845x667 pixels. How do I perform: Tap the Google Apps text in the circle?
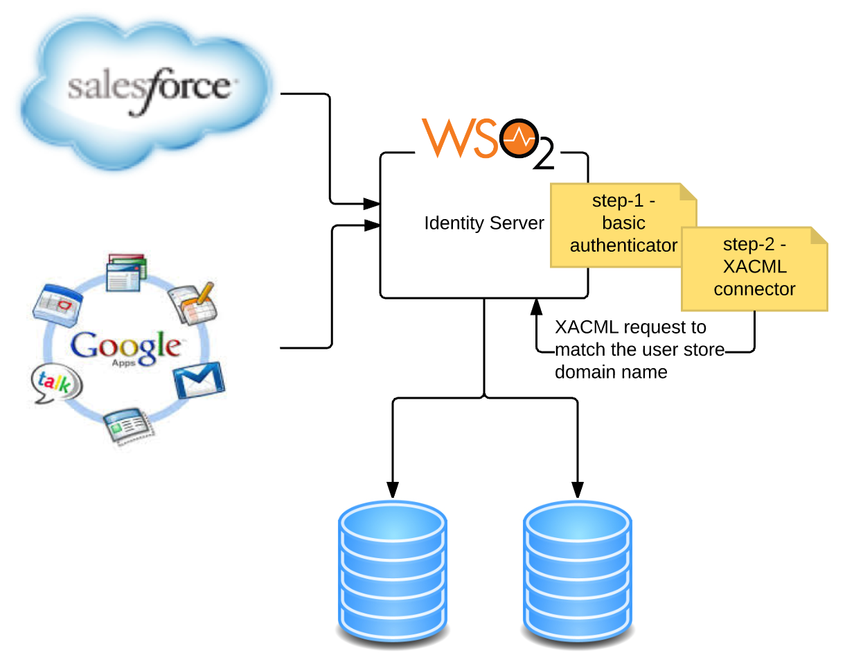tap(126, 347)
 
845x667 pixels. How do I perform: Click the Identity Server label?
tap(484, 224)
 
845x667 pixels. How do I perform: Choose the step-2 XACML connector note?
tap(754, 268)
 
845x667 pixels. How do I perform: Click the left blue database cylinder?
tap(392, 571)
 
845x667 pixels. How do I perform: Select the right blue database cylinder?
tap(578, 571)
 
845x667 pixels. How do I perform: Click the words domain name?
tap(611, 372)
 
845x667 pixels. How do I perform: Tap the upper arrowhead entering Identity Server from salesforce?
tap(373, 204)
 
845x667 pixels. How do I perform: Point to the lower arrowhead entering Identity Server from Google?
tap(373, 225)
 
